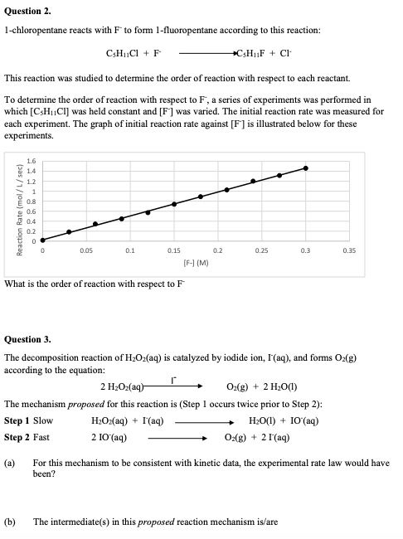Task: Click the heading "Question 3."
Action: tap(27, 339)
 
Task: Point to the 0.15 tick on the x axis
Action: tap(174, 249)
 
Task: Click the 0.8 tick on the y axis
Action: tap(31, 202)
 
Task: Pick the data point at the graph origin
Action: tap(42, 241)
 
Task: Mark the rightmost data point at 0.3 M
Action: tap(305, 168)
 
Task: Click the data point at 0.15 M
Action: tap(174, 204)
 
